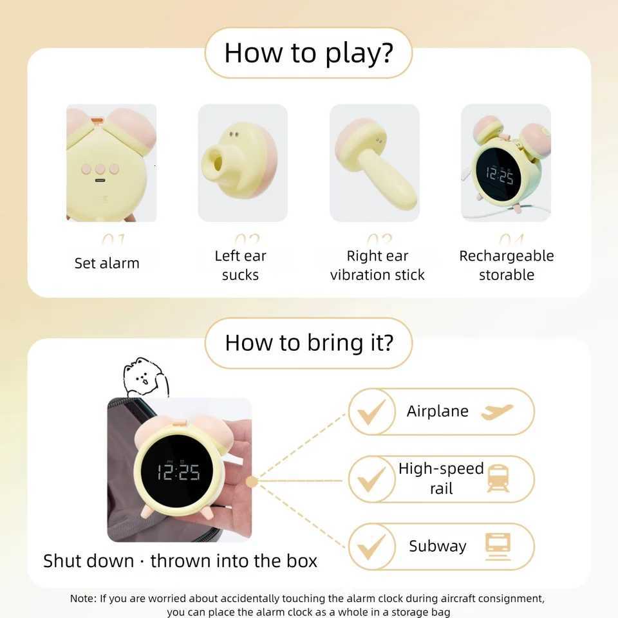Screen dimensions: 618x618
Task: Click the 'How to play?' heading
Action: (x=308, y=53)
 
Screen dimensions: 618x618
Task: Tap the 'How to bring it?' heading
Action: (x=308, y=342)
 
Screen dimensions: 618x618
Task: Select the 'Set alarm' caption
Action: (x=107, y=263)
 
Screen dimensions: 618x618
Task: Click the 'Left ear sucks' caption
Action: (x=240, y=265)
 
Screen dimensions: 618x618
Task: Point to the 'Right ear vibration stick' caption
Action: (x=377, y=265)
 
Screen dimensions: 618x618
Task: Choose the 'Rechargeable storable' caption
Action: (x=506, y=265)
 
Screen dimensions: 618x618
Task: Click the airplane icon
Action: (x=497, y=411)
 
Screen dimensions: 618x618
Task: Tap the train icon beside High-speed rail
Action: (x=498, y=479)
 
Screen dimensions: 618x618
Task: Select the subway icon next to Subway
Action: (x=498, y=546)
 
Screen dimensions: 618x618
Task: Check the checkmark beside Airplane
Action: (x=371, y=412)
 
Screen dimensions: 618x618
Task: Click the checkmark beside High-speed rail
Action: (x=371, y=480)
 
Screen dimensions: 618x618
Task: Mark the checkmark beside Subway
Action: (x=371, y=547)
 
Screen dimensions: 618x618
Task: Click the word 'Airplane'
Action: (x=437, y=411)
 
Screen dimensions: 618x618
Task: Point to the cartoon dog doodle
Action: (x=145, y=377)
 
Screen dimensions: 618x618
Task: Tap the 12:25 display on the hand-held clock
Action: (x=179, y=472)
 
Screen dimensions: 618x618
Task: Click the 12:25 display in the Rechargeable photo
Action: (x=500, y=174)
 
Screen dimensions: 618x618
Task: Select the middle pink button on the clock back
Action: (x=100, y=169)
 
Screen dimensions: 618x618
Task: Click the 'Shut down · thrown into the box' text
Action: (x=180, y=561)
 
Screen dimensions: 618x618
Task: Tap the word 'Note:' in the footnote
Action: (x=83, y=599)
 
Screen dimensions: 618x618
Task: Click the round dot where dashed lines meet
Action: (x=252, y=482)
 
